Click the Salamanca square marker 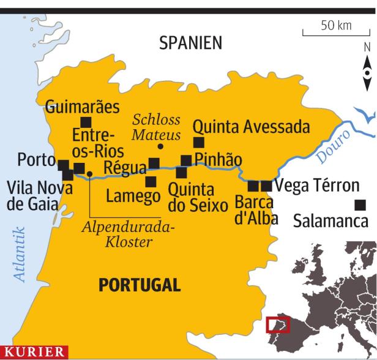360,204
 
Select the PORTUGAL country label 140,285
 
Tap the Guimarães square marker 86,122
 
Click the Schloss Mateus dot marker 160,146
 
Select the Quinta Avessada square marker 198,143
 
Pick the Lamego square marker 151,181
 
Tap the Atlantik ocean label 20,253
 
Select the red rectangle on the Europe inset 278,324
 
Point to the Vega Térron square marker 266,186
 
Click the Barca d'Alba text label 256,210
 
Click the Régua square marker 154,163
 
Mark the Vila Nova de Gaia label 35,195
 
